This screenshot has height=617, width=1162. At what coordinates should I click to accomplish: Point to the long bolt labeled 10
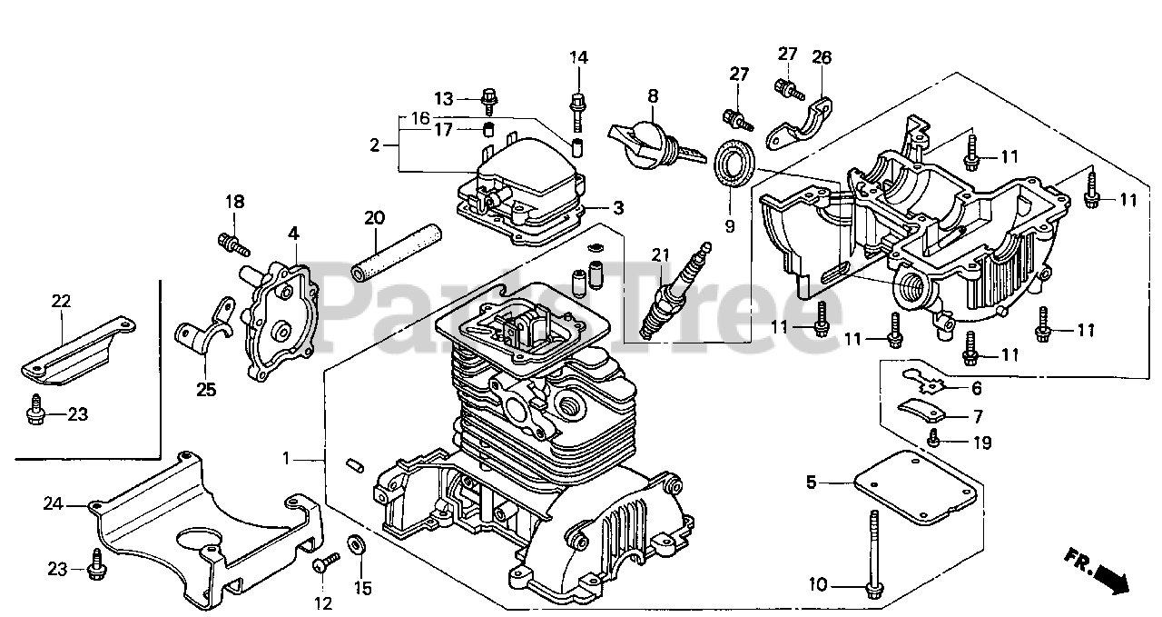tap(873, 554)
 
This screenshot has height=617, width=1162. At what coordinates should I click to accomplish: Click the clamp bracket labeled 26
tap(802, 124)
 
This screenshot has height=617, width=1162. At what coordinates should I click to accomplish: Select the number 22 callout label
tap(60, 301)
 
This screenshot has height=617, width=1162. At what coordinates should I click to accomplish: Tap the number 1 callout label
tap(286, 459)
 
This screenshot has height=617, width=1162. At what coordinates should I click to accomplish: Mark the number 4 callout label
tap(293, 234)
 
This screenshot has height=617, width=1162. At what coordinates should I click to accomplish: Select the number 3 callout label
tap(617, 208)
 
